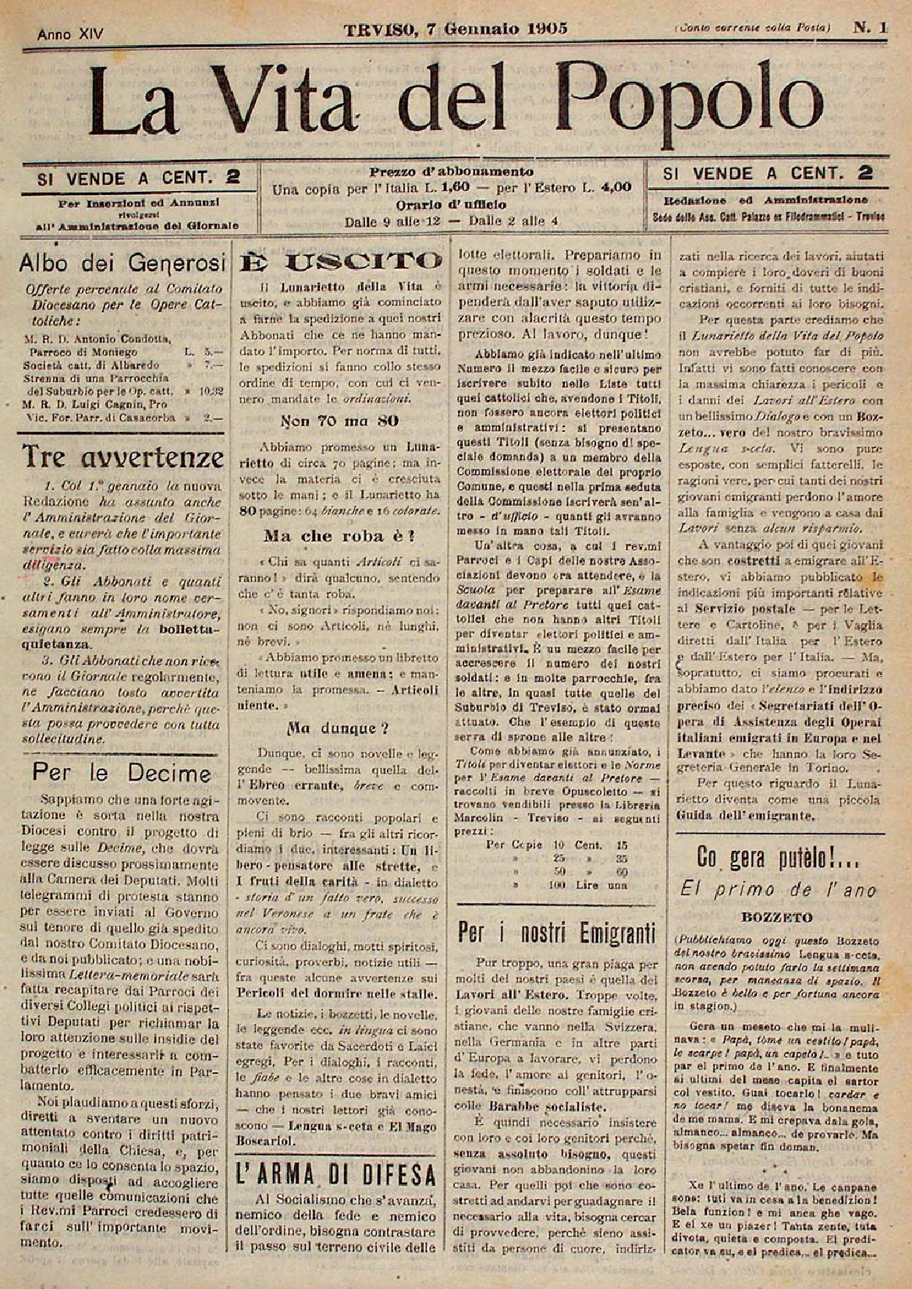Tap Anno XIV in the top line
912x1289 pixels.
point(71,34)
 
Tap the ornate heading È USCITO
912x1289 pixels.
point(340,261)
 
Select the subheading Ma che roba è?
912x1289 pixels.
point(339,535)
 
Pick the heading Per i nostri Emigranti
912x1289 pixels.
point(557,931)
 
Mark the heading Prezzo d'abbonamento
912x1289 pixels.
point(452,172)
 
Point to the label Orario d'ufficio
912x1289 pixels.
point(452,206)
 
